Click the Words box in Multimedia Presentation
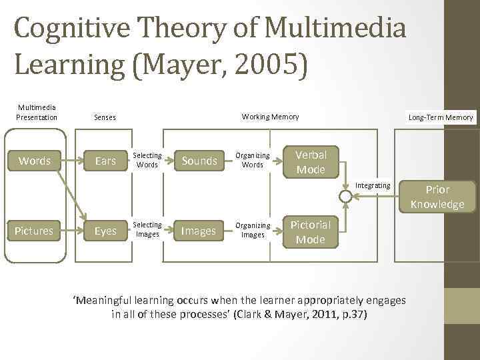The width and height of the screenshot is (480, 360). (x=35, y=161)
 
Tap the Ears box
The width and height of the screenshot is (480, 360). (x=105, y=161)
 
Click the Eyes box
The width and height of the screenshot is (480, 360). (x=105, y=231)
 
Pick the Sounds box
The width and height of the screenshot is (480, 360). (x=199, y=161)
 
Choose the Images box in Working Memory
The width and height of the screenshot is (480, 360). (x=199, y=231)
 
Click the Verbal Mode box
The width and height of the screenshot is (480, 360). (x=311, y=162)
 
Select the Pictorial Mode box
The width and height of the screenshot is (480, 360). (x=311, y=232)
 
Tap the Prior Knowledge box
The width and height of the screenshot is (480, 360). (x=437, y=197)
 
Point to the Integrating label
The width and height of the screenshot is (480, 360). (x=373, y=185)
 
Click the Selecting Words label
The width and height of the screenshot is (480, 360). (x=148, y=160)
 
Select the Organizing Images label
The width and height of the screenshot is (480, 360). (x=253, y=230)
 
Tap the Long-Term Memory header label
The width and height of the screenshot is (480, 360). (x=441, y=117)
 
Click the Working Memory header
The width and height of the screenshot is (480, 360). (x=270, y=117)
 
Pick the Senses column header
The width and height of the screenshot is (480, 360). (x=105, y=117)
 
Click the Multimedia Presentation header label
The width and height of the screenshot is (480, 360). (x=37, y=112)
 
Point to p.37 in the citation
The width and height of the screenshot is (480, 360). (x=351, y=313)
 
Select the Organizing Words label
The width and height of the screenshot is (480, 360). (x=253, y=160)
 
